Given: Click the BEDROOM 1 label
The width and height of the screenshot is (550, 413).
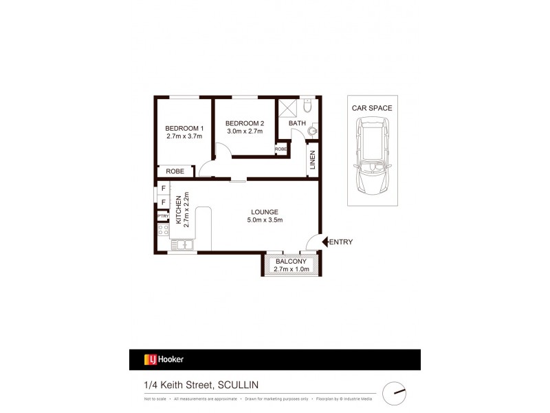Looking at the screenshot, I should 184,128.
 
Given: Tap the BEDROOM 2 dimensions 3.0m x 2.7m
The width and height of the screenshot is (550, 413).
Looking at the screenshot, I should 245,132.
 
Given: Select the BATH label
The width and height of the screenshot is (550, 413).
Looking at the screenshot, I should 297,123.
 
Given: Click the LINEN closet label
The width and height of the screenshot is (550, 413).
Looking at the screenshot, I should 312,160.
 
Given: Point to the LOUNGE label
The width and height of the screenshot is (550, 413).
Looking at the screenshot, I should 264,211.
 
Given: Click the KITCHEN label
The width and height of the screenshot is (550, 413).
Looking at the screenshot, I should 178,210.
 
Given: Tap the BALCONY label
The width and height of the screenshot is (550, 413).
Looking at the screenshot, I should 291,261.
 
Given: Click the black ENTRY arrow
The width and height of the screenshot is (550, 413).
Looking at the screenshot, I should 326,242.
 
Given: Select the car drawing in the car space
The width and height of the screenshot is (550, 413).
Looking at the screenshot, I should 371,156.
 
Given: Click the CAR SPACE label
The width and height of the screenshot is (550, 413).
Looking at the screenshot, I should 371,108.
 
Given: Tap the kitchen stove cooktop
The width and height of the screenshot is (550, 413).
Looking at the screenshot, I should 164,230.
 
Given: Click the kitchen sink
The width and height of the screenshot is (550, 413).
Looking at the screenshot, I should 182,244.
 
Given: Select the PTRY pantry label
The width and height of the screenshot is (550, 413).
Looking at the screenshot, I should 163,215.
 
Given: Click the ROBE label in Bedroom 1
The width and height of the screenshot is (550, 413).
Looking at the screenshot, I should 175,171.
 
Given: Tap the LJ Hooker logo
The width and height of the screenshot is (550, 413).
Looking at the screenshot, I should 163,359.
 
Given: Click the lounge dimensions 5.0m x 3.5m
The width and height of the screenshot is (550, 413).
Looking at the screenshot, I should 264,220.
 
